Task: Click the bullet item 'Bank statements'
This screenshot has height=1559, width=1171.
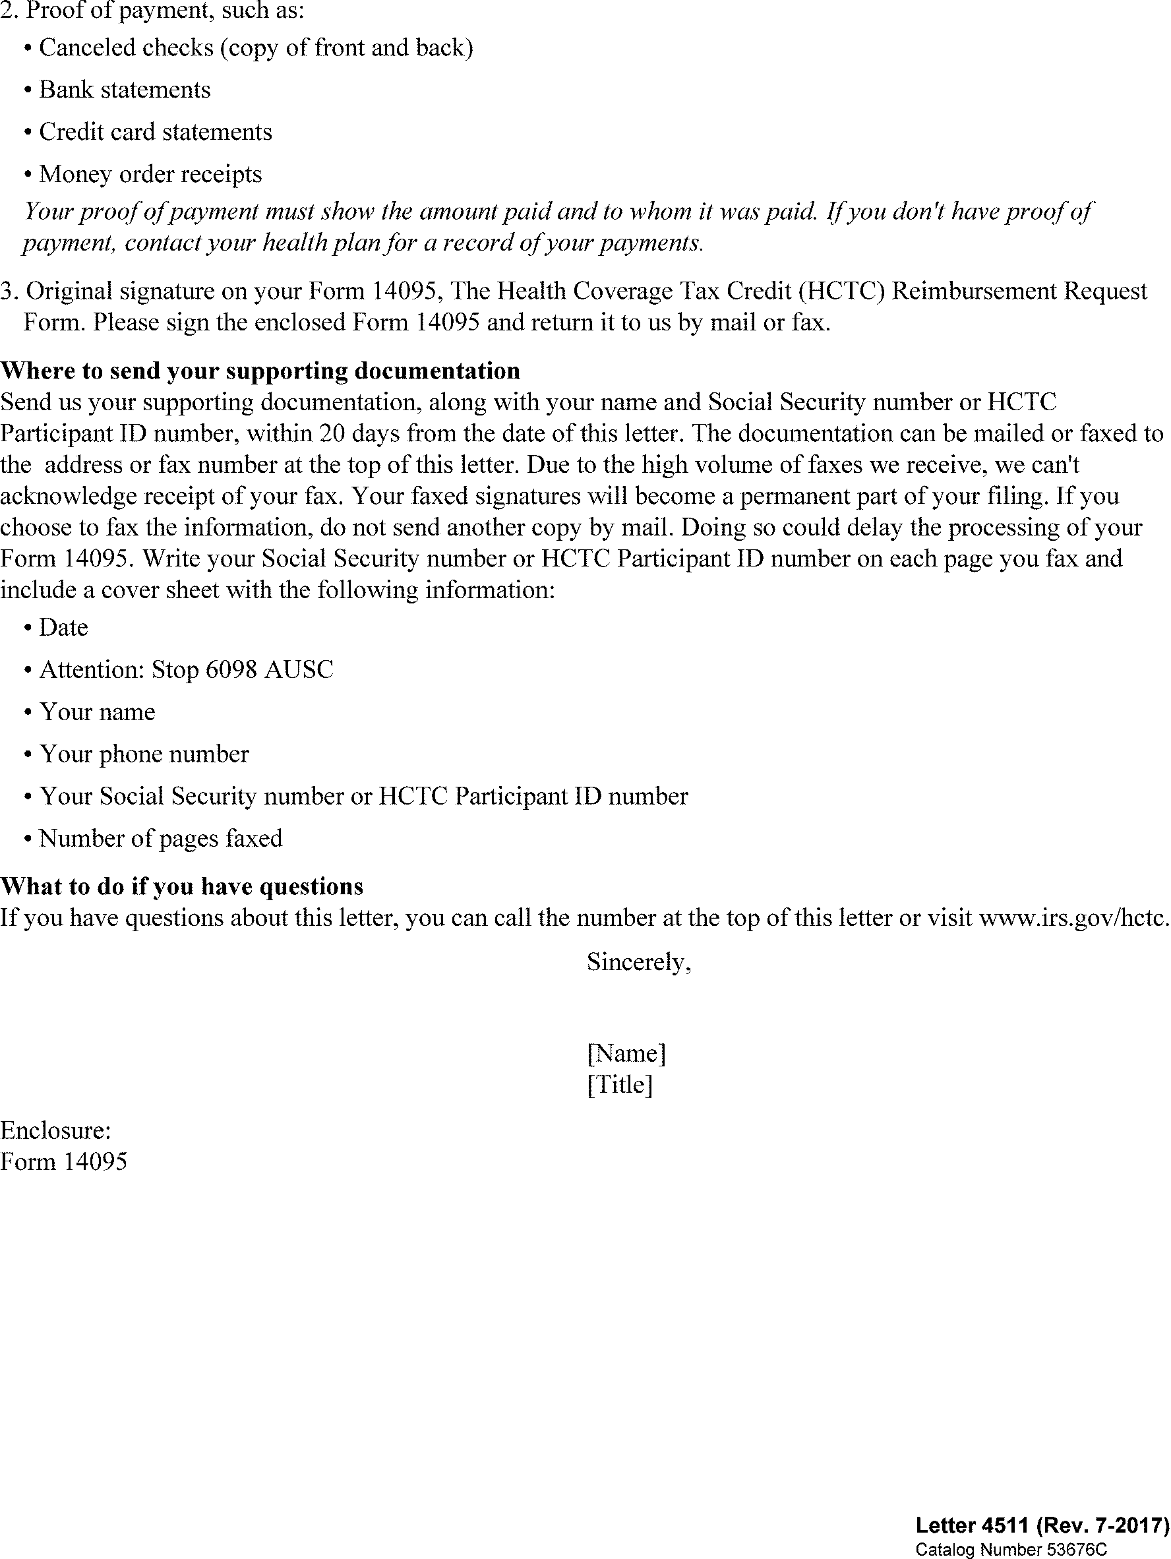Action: (x=125, y=90)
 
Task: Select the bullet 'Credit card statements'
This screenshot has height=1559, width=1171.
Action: (x=155, y=133)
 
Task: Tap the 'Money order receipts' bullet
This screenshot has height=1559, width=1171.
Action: (x=150, y=174)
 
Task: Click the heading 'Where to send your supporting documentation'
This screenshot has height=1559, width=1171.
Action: (x=260, y=371)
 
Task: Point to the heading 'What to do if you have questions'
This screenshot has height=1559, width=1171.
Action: (x=182, y=886)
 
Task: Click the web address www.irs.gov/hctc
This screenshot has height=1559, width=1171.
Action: (x=1074, y=917)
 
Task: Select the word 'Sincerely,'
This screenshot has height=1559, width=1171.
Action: (x=638, y=962)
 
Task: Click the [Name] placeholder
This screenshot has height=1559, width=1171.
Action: (x=626, y=1053)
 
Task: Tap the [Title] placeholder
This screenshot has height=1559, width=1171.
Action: (x=619, y=1084)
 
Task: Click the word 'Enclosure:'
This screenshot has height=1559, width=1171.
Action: (x=55, y=1130)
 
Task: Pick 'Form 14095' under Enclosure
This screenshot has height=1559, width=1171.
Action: (x=63, y=1161)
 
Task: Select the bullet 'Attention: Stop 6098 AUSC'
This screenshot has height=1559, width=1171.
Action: (x=186, y=669)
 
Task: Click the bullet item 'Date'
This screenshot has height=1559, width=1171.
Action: (x=63, y=627)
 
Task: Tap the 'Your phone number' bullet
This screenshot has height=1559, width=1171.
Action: (x=144, y=754)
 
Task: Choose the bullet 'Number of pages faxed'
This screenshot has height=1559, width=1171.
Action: (x=161, y=838)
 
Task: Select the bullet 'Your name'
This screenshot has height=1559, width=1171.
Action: (x=97, y=712)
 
